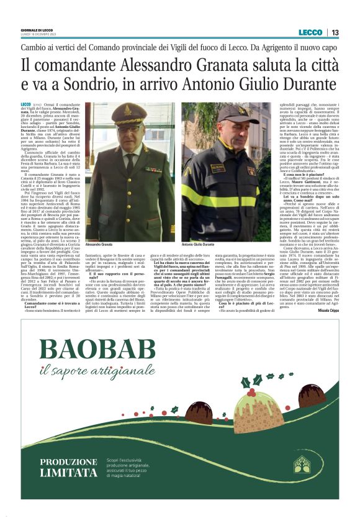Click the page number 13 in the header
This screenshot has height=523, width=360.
[x=335, y=32]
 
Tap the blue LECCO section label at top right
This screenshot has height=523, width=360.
[x=310, y=32]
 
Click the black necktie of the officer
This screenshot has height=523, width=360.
[x=131, y=163]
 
